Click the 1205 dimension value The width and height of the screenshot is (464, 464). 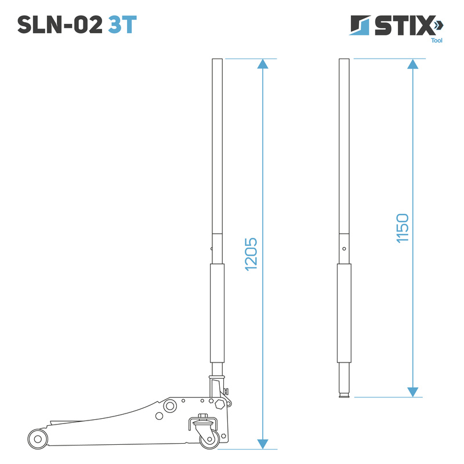[x=251, y=254]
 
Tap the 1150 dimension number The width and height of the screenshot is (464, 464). [x=403, y=228]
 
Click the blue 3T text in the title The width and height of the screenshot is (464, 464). [x=122, y=25]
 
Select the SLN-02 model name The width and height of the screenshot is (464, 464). [x=60, y=25]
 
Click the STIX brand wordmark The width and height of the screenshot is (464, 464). [x=404, y=26]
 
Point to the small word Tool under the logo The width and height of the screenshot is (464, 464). [x=437, y=41]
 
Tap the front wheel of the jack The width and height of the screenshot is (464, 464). [x=38, y=439]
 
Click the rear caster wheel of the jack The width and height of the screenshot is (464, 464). [x=210, y=439]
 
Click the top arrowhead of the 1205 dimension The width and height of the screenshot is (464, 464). [x=263, y=64]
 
